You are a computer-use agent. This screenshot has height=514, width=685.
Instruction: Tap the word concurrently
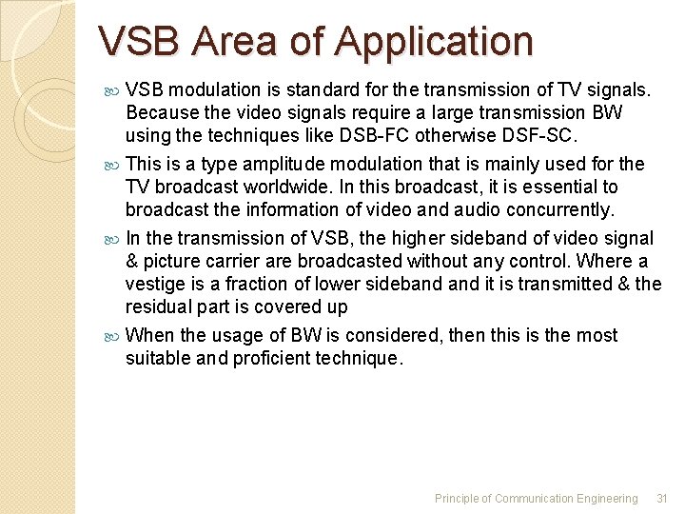[x=558, y=209]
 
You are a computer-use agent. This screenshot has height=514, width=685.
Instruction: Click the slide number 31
[x=663, y=498]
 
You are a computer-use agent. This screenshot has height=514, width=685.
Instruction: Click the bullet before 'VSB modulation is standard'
[x=114, y=90]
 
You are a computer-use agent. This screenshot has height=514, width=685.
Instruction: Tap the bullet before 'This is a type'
[x=114, y=165]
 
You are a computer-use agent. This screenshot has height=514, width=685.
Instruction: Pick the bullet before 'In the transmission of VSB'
[x=114, y=239]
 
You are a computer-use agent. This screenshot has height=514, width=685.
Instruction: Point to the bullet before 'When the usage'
[x=114, y=336]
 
